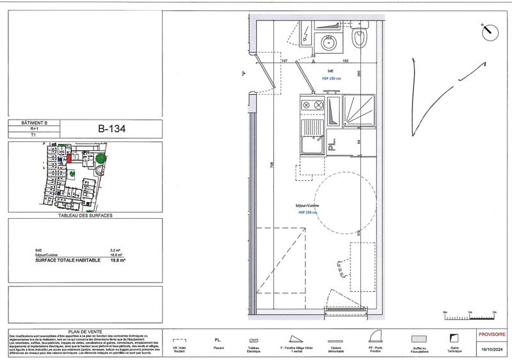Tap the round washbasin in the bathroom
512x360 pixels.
click(327, 43)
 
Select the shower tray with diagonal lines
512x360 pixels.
click(360, 113)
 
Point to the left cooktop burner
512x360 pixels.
click(307, 105)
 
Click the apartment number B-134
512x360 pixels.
click(111, 128)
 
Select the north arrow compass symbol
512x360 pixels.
click(488, 29)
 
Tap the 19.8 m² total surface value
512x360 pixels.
click(118, 261)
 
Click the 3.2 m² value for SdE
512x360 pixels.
click(116, 249)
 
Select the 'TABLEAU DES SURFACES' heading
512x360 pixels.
click(81, 216)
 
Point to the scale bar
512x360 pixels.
click(469, 314)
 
